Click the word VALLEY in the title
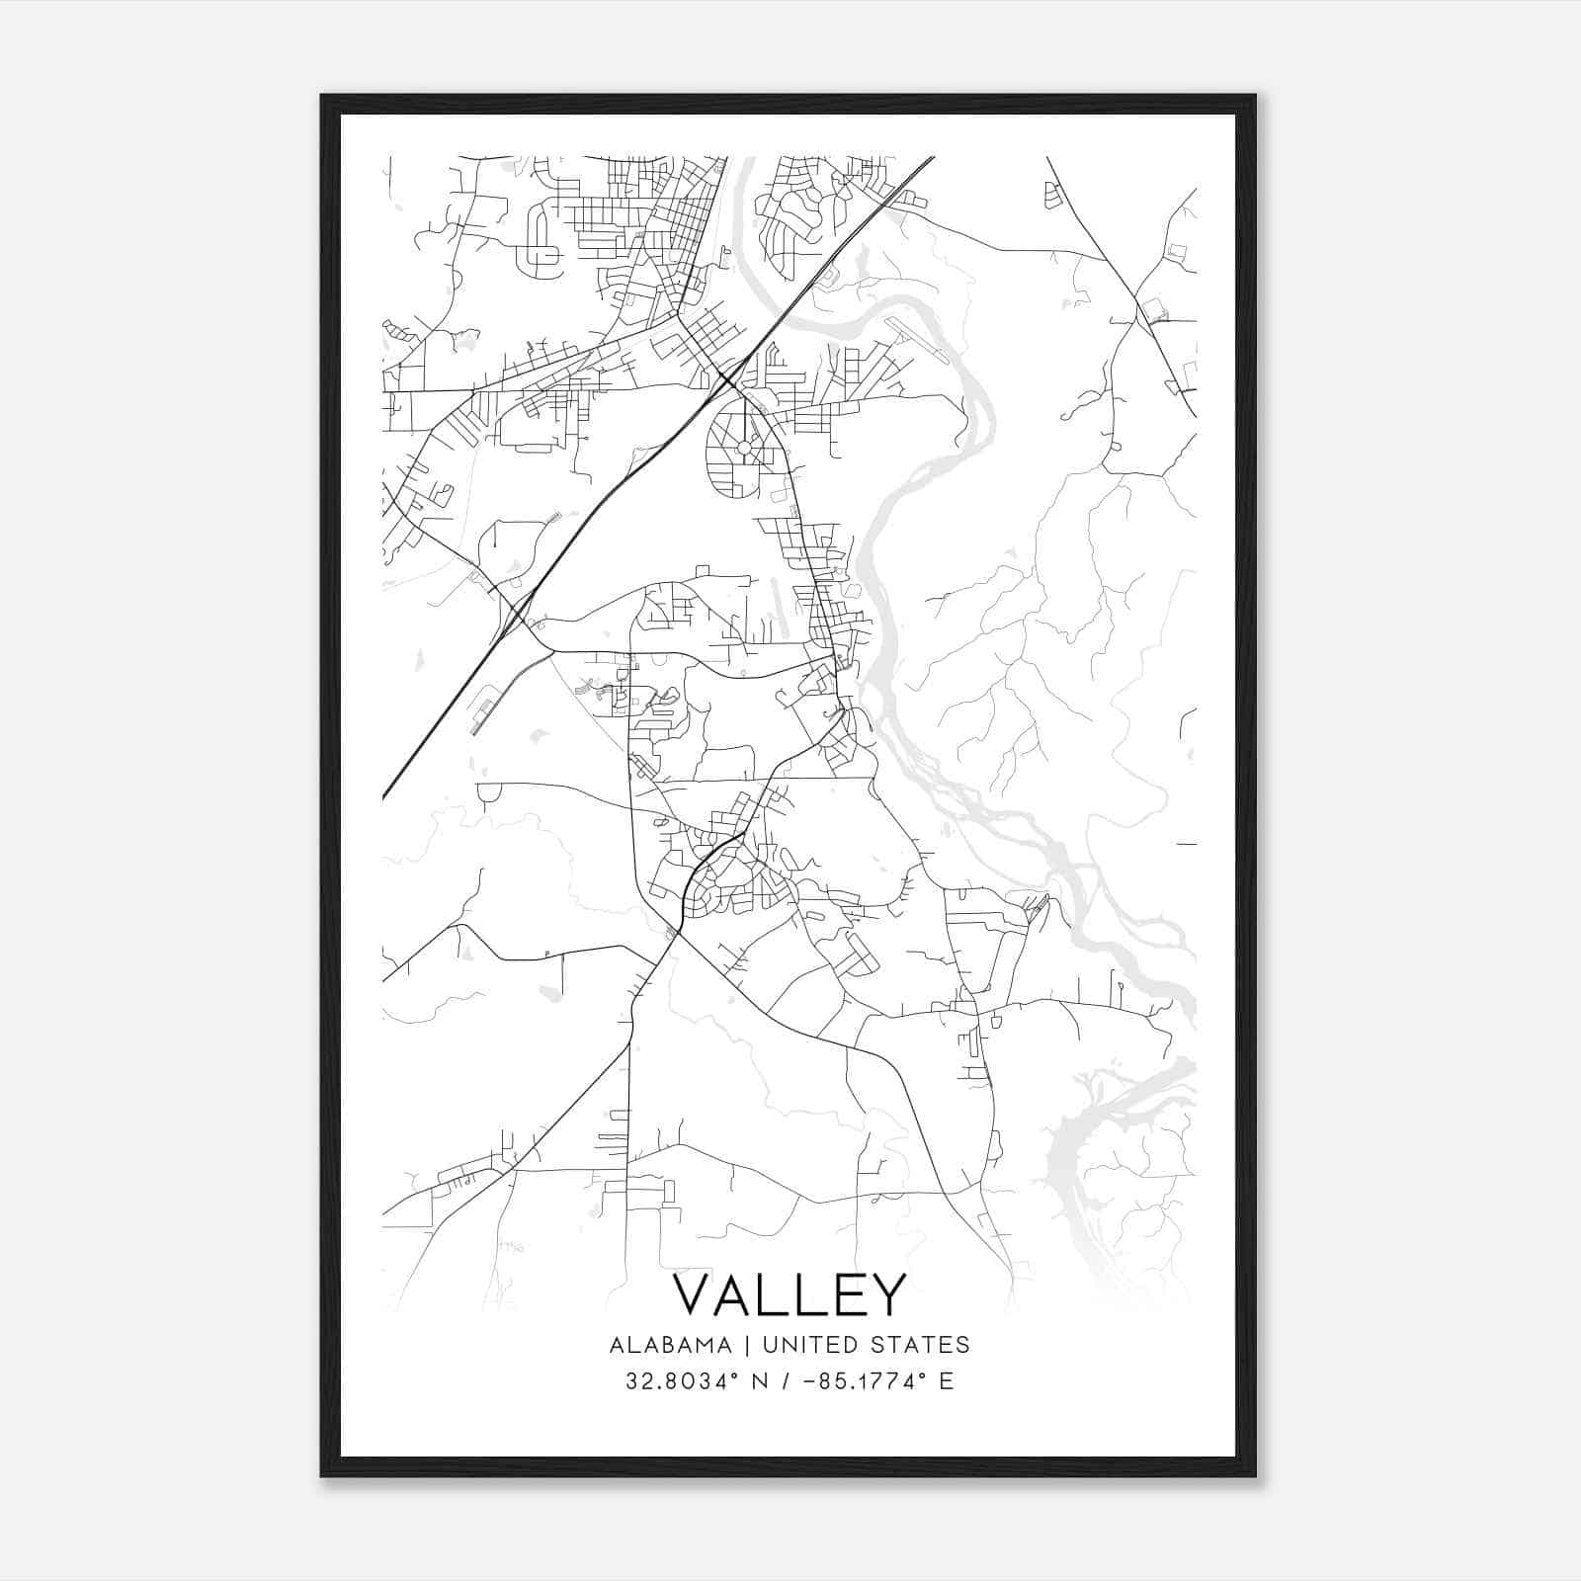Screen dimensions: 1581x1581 pyautogui.click(x=789, y=1294)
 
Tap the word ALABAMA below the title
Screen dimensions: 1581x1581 pyautogui.click(x=671, y=1345)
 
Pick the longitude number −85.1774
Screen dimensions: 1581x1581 pyautogui.click(x=849, y=1381)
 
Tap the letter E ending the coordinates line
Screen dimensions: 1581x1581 pyautogui.click(x=947, y=1381)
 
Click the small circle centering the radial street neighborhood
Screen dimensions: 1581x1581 pyautogui.click(x=743, y=448)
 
